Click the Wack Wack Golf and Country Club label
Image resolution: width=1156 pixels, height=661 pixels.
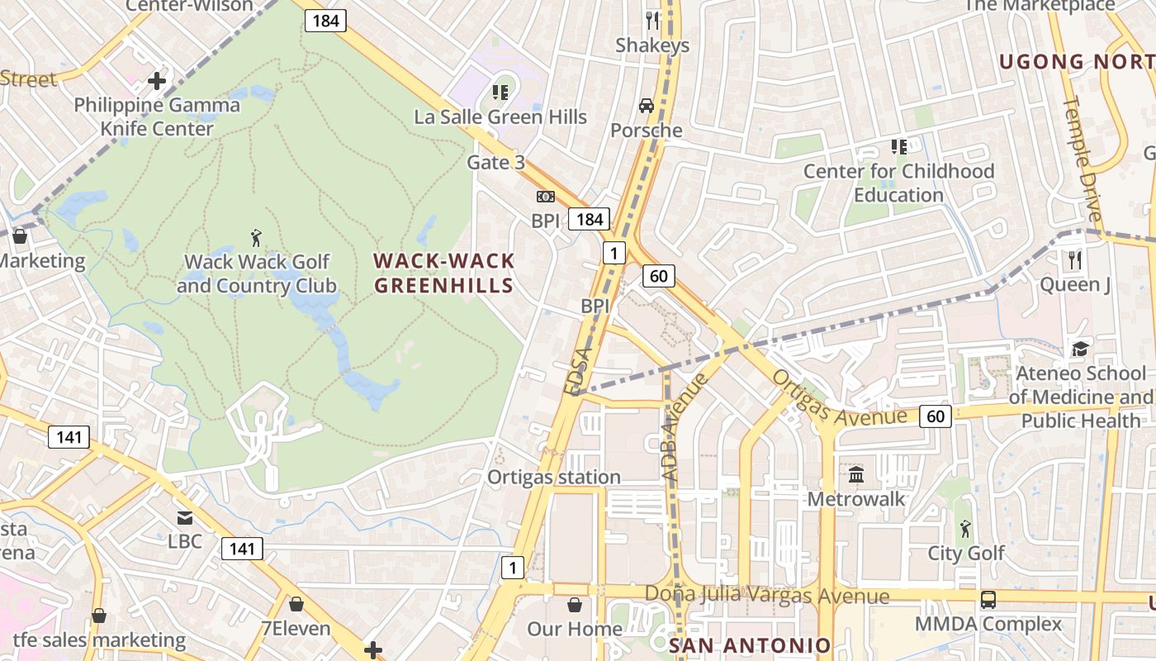[x=256, y=274]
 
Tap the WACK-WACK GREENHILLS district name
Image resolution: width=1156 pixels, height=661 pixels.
[x=444, y=273]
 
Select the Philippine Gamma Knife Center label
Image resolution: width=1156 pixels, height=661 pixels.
[x=157, y=117]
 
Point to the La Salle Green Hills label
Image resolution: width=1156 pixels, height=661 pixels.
[x=500, y=117]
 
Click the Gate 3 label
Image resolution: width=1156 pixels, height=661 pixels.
[x=495, y=162]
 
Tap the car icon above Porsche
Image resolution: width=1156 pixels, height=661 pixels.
[x=647, y=106]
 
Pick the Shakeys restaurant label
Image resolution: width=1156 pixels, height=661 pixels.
[x=652, y=45]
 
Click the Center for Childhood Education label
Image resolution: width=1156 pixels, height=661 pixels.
[x=898, y=183]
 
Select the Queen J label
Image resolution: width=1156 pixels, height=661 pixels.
[x=1074, y=285]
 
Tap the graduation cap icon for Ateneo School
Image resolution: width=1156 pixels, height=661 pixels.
[x=1079, y=349]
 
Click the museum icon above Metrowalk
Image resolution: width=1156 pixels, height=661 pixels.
[x=856, y=475]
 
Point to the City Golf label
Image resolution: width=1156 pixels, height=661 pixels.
[x=966, y=553]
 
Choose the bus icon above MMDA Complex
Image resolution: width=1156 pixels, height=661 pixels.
[x=988, y=600]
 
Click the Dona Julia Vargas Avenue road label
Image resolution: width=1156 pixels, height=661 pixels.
[x=767, y=595]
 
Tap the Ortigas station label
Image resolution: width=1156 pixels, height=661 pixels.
[x=554, y=477]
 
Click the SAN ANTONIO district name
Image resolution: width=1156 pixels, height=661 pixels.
[x=750, y=645]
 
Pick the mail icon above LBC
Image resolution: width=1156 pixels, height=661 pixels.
[x=185, y=518]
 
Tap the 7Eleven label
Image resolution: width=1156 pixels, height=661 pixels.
[x=296, y=628]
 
